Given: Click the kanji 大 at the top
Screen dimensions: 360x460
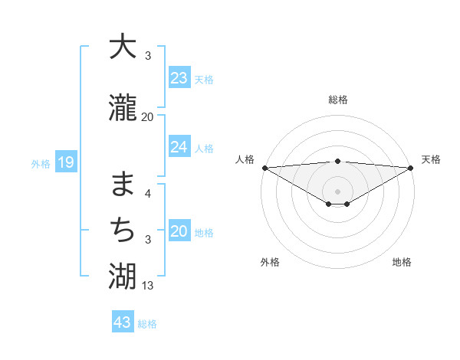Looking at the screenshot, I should point(123,47).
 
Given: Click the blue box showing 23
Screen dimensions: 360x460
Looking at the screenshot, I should point(179,78).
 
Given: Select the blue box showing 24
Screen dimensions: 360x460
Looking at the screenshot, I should point(179,147).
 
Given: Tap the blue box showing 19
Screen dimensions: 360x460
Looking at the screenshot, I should point(65,162).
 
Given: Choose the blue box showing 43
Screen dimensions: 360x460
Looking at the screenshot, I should point(123,322).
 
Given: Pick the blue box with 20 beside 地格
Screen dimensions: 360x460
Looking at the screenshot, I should point(179,232).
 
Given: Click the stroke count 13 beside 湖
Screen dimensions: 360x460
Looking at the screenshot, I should point(148,286).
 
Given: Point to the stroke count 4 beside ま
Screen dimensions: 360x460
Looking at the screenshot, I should point(148,194).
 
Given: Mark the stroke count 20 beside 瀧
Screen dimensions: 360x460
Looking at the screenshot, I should point(148,117).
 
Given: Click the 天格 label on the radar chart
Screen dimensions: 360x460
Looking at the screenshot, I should point(431,159).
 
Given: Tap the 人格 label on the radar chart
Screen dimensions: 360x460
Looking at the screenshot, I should point(245,159).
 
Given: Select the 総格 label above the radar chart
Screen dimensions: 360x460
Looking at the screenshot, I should point(338,100).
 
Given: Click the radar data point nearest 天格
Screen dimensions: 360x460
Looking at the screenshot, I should point(411,168).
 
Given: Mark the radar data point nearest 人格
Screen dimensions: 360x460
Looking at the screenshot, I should point(264,168).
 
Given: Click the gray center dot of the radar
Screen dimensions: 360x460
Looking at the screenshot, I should point(338,191).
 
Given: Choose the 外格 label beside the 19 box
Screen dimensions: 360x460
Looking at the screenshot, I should point(41,163).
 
